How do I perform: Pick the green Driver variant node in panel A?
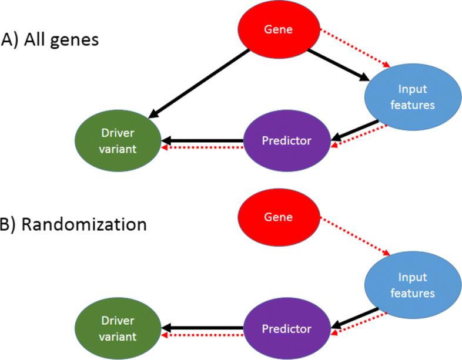pos(118,141)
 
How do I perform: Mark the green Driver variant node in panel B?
pos(118,329)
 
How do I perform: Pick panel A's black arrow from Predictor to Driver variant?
pos(203,140)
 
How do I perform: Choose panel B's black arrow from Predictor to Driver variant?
pos(203,328)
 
